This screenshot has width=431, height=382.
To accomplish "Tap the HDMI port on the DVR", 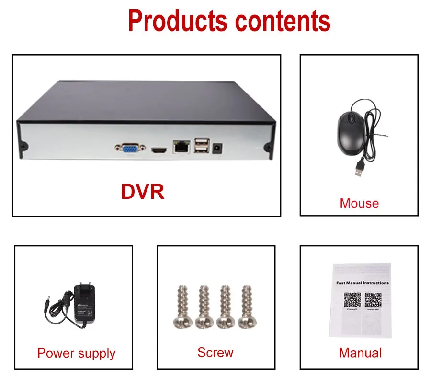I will [x=159, y=150].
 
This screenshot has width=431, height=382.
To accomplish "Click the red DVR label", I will [x=143, y=191].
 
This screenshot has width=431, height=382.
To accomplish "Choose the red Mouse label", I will [x=359, y=203].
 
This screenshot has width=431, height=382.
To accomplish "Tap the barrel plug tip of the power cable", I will [x=46, y=305].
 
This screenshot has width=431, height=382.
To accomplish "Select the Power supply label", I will [x=76, y=353].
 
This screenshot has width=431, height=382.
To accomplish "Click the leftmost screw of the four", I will [x=181, y=307].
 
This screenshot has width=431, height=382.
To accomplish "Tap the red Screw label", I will [x=215, y=352].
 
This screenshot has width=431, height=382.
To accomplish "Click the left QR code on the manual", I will [x=352, y=300].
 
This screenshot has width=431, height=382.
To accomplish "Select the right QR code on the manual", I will [x=373, y=300].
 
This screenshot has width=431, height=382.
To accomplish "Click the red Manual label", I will [x=360, y=353].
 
